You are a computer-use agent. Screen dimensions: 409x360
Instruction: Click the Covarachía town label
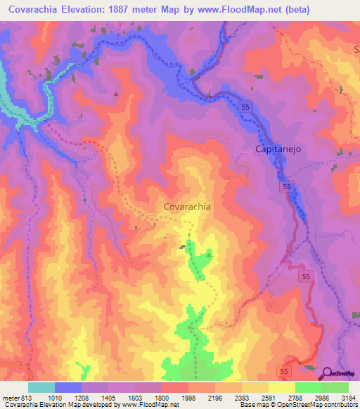(x=187, y=207)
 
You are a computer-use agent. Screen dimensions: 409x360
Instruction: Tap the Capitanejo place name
(x=277, y=149)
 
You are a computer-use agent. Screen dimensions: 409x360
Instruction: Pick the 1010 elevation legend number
(x=56, y=397)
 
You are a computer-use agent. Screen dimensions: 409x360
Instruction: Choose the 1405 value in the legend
(x=109, y=397)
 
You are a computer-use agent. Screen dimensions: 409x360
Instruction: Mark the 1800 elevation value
(x=162, y=397)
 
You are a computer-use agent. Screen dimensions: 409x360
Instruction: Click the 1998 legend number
(x=189, y=397)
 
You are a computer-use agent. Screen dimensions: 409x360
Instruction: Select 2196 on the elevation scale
(x=216, y=397)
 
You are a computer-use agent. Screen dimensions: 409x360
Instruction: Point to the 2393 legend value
(x=243, y=397)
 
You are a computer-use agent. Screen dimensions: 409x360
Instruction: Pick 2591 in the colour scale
(x=269, y=397)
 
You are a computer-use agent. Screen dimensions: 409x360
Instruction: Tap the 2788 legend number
(x=296, y=397)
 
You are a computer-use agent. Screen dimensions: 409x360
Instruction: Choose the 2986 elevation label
(x=323, y=397)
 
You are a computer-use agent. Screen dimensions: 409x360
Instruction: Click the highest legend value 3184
(x=348, y=397)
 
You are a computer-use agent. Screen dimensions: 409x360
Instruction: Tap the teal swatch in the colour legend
(x=41, y=387)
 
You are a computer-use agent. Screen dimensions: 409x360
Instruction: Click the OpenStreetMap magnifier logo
(x=326, y=373)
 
